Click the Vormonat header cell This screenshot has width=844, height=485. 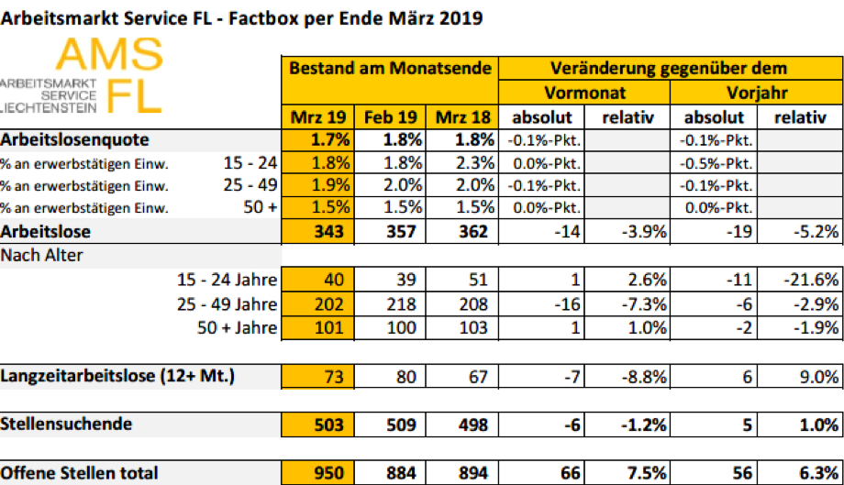585,94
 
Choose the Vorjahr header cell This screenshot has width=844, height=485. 757,94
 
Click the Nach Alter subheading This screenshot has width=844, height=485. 43,255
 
